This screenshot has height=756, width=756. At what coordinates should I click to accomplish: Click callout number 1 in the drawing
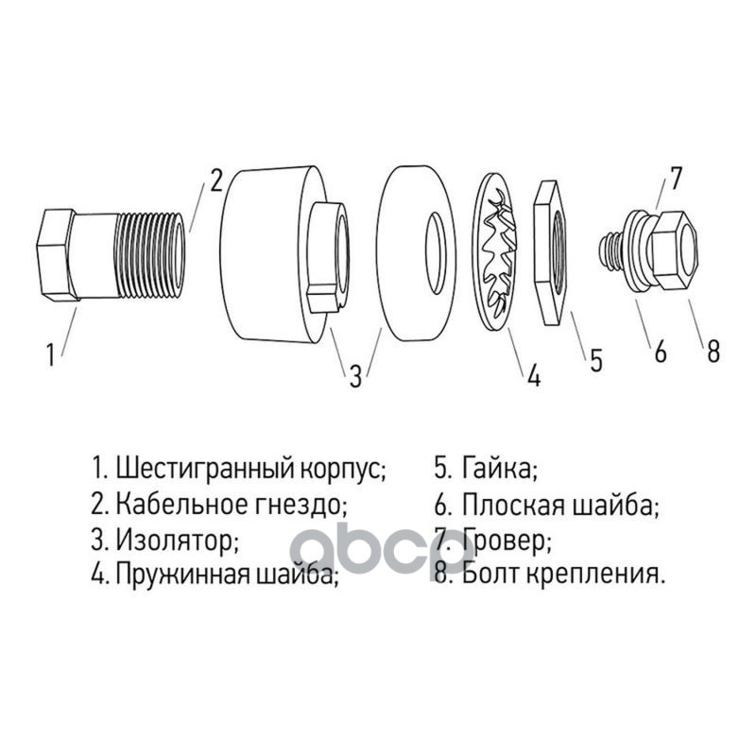[50, 354]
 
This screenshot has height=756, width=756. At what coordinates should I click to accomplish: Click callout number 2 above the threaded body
[215, 180]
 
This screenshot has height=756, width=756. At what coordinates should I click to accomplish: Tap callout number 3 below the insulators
[355, 376]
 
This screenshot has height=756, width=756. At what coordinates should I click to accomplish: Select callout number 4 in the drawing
[534, 374]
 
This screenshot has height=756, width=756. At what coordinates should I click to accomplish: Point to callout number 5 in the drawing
[596, 360]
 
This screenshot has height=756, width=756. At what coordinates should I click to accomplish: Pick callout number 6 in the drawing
[660, 351]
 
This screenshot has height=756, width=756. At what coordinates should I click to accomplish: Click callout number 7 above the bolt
[676, 178]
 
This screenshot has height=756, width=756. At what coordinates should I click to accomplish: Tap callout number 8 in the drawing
[713, 351]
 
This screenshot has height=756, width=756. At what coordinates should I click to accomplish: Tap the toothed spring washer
[493, 250]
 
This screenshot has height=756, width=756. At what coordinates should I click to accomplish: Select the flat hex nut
[553, 252]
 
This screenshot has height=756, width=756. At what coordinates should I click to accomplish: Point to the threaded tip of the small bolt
[610, 252]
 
